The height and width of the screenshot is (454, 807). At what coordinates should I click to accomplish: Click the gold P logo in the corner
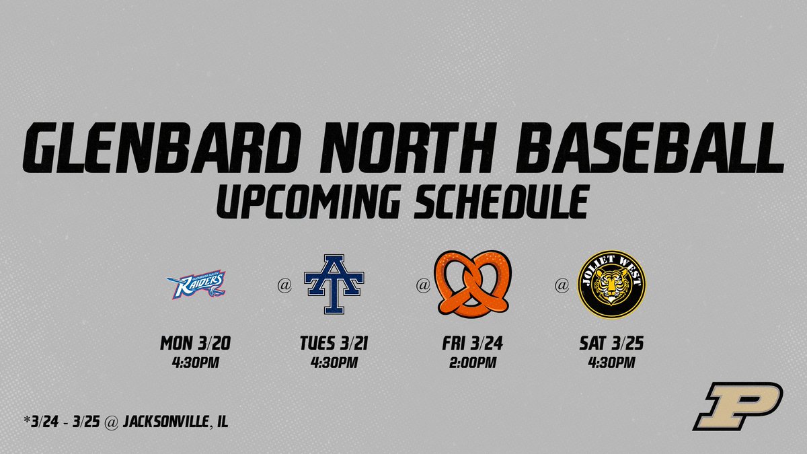click(x=738, y=406)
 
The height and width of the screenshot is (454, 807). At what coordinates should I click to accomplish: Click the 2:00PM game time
click(x=473, y=364)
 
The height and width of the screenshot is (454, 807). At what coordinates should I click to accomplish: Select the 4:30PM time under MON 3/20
click(x=196, y=364)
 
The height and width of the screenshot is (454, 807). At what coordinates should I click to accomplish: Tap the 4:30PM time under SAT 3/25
click(x=612, y=364)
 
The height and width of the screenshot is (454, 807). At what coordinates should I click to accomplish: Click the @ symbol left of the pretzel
click(x=423, y=286)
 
